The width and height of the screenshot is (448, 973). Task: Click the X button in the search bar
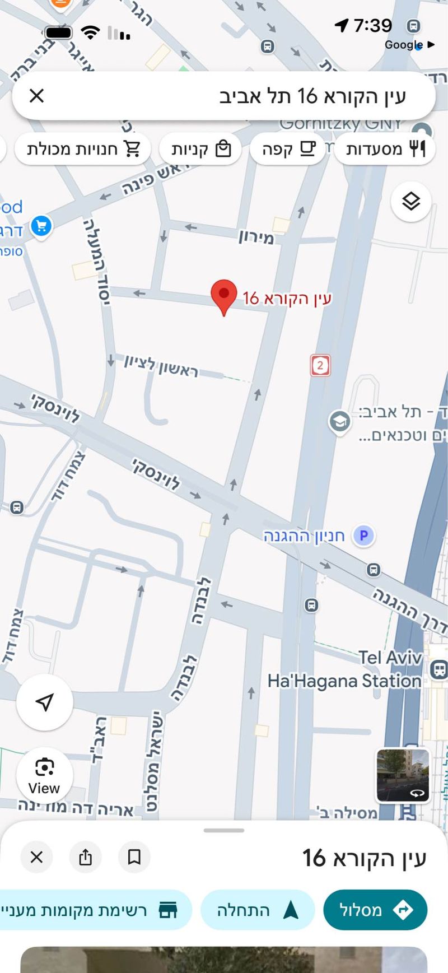(36, 96)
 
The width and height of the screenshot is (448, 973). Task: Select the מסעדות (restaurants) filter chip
(385, 149)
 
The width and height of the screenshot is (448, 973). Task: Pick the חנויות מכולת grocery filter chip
(83, 149)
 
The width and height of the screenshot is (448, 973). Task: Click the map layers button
(411, 201)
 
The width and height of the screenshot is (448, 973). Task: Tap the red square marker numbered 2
(320, 365)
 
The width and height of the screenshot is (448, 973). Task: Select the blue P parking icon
(363, 536)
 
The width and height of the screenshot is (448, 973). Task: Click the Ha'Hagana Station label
(344, 681)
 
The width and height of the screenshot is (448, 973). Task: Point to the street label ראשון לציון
(161, 365)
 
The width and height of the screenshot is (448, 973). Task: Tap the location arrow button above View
(45, 702)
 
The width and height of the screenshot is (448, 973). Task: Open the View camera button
(44, 776)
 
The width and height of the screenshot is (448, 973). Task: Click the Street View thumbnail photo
(403, 775)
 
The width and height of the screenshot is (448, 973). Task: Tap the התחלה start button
(257, 910)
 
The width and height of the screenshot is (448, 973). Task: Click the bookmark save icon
(134, 856)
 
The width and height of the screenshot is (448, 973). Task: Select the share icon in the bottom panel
(85, 856)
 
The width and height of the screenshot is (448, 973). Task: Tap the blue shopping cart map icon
(41, 226)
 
